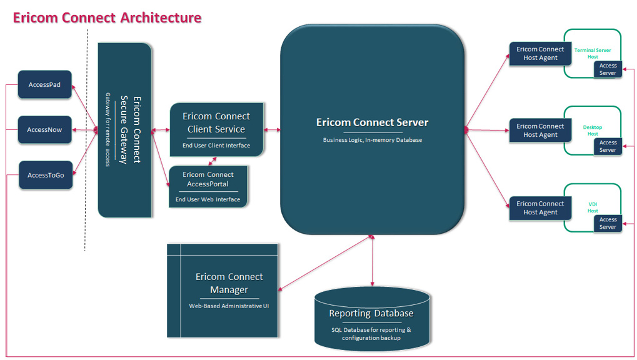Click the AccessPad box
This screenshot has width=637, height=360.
(x=44, y=85)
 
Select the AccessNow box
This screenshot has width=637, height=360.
(x=44, y=130)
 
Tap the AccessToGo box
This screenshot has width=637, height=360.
(x=46, y=176)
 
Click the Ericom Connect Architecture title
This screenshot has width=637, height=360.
(x=108, y=17)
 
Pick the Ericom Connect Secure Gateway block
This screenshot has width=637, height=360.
(x=124, y=130)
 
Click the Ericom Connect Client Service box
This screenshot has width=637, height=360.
(x=216, y=129)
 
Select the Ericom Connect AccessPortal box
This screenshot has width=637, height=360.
(x=208, y=186)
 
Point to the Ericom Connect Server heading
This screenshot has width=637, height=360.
(x=372, y=122)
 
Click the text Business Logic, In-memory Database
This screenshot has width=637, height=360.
(x=372, y=140)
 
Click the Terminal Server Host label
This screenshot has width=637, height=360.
(x=593, y=53)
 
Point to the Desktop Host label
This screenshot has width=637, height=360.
(x=593, y=130)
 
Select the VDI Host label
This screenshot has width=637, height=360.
(x=593, y=207)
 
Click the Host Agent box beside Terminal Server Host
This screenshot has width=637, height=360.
(x=540, y=54)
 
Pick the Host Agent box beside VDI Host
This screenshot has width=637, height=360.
(x=540, y=208)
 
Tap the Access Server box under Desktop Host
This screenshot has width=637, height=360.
(x=608, y=146)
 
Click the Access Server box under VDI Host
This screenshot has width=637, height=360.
(x=608, y=223)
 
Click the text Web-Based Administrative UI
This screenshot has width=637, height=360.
(x=229, y=306)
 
